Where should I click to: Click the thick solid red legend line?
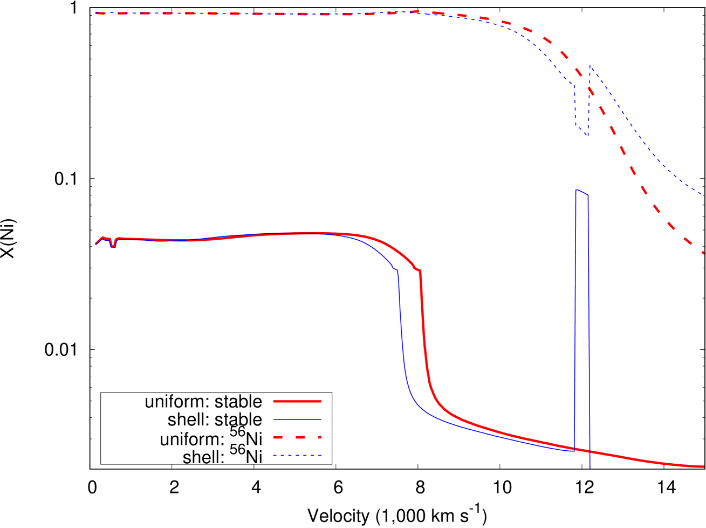(297, 401)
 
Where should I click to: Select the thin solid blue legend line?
(297, 419)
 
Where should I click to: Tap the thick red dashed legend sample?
(297, 437)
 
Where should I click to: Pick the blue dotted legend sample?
(297, 456)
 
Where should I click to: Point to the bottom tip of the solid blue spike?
(590, 468)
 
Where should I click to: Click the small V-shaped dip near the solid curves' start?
(113, 246)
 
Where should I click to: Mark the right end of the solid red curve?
(704, 466)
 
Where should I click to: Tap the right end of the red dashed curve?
(703, 253)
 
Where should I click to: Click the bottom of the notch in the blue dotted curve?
(587, 135)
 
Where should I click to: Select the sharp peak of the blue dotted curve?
(590, 65)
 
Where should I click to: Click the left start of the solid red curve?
(96, 243)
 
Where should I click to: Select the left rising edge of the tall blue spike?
(575, 324)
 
